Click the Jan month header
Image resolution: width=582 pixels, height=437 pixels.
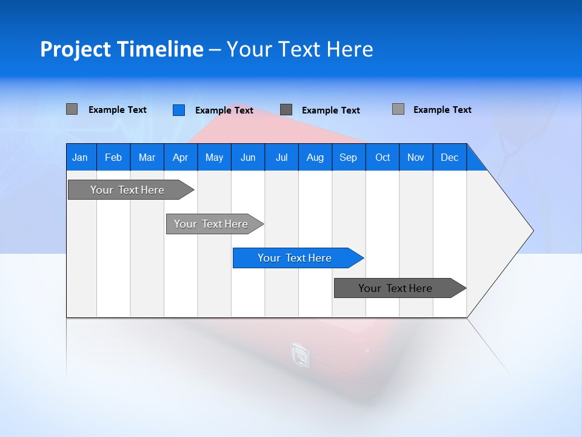(x=80, y=157)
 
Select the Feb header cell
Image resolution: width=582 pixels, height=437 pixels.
(x=113, y=157)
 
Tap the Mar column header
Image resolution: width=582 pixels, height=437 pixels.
(x=147, y=157)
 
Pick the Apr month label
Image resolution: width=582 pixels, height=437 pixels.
(x=181, y=157)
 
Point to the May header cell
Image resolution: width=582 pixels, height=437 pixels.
(x=214, y=157)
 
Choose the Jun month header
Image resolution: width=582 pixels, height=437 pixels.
(x=248, y=157)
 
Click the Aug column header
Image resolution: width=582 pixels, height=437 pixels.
(x=315, y=157)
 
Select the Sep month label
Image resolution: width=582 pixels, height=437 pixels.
(x=349, y=157)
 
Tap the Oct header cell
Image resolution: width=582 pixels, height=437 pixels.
(x=383, y=157)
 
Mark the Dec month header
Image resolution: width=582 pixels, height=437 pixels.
(x=450, y=157)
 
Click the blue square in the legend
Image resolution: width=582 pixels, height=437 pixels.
(x=179, y=110)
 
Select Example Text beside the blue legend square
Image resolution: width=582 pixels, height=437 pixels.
(x=224, y=110)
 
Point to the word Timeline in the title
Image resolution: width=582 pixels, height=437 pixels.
(x=160, y=49)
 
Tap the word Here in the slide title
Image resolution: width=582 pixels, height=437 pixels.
(x=350, y=49)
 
